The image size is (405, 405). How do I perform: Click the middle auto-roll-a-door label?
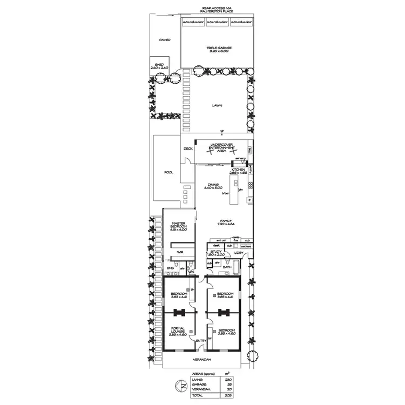[218, 22]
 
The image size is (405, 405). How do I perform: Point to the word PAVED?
[164, 40]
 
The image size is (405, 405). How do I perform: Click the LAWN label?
[217, 106]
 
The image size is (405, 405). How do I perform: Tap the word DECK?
[188, 148]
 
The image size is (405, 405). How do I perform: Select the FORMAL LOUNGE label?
[177, 331]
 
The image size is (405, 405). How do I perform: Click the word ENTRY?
[201, 341]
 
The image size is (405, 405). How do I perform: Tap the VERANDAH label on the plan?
[202, 360]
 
